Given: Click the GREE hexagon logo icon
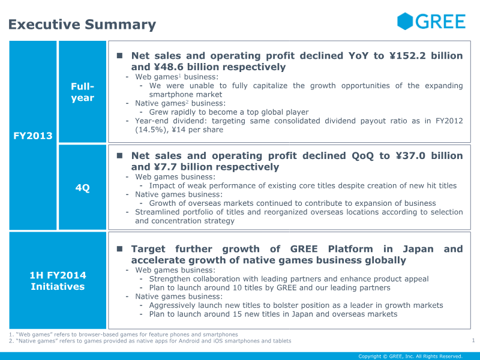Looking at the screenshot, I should coord(405,22).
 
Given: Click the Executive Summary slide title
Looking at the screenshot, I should coord(82,25).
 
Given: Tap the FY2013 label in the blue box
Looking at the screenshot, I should coord(33,136).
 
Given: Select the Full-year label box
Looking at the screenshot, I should coord(82,92).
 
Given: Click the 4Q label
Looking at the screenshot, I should coord(82,188).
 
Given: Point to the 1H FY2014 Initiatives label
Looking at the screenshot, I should coord(58,281).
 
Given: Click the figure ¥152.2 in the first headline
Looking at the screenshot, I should coord(410,56).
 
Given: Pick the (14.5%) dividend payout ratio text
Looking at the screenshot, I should coord(150,130).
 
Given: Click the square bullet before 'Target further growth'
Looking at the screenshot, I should coord(119,248).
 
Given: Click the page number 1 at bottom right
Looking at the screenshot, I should coord(473,341).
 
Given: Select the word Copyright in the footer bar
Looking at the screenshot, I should coord(370,356).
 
